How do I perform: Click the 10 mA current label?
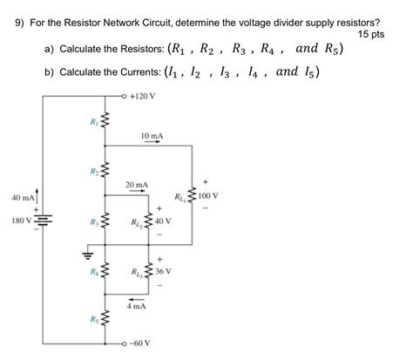[151, 137]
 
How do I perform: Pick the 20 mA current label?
[136, 185]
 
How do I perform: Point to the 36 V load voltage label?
[164, 272]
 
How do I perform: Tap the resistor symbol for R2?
[105, 170]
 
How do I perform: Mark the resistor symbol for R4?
[105, 272]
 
